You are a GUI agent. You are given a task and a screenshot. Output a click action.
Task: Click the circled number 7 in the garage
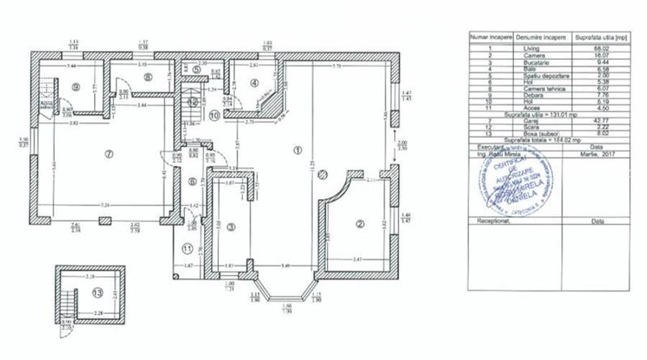[109, 154]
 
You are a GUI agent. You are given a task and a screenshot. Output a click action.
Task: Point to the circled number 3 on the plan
[231, 228]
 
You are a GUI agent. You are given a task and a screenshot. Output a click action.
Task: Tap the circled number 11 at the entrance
[187, 249]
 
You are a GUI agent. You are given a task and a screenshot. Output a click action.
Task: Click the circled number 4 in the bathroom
[254, 83]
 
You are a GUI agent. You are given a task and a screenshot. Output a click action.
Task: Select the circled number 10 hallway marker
[214, 114]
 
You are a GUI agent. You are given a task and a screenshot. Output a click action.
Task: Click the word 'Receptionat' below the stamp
[492, 222]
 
